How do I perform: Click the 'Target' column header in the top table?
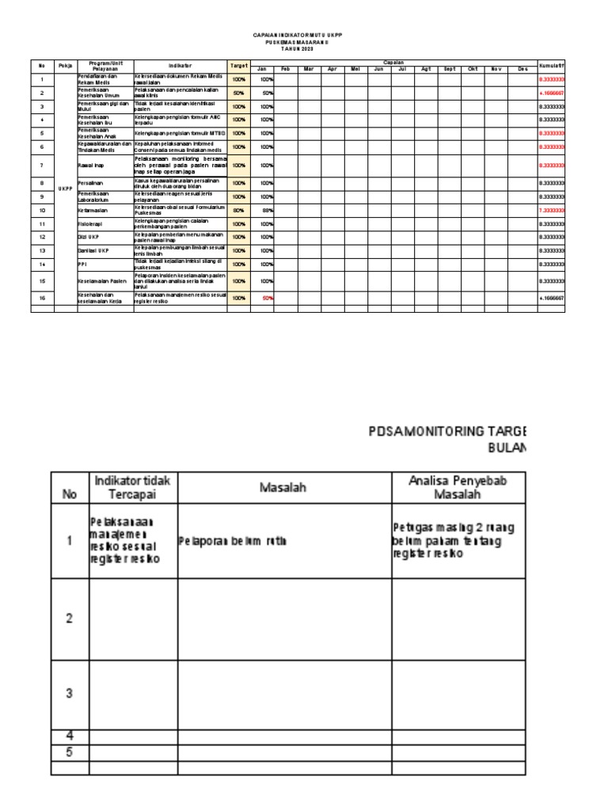point(238,65)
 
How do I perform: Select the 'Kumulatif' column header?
point(551,65)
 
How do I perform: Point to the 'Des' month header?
point(522,70)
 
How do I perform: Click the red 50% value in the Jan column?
point(268,298)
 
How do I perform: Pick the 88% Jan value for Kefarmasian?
point(268,210)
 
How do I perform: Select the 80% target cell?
point(238,210)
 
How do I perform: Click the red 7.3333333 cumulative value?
point(551,210)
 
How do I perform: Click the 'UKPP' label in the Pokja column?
point(65,188)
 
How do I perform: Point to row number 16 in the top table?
point(41,298)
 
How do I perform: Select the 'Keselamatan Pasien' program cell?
point(103,281)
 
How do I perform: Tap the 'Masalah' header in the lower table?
point(283,488)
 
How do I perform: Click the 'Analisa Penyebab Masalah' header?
point(458,487)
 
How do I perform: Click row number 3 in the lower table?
point(69,693)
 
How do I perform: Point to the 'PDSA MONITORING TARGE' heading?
point(446,432)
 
